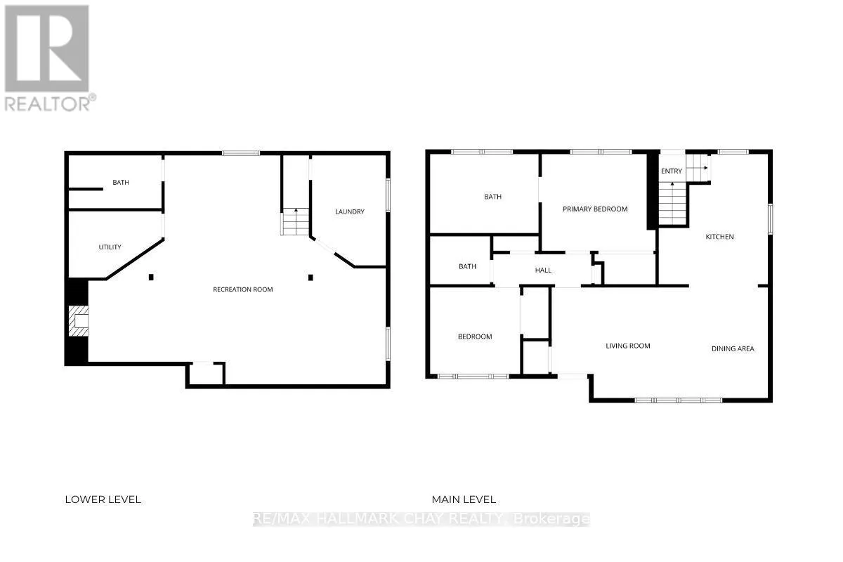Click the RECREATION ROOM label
coord(243,289)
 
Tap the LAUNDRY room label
coord(349,211)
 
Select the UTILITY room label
coord(110,247)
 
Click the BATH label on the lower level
coord(121,183)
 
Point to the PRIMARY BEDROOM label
coord(595,209)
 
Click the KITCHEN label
coord(719,237)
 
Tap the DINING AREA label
coord(733,348)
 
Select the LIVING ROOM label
coord(628,346)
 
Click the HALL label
coord(543,270)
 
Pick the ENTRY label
coord(671,171)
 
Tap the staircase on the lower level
coord(295,221)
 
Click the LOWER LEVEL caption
coord(103,499)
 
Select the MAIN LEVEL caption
coord(464,499)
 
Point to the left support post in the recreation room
coord(151,277)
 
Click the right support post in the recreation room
coord(310,277)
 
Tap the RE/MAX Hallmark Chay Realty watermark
coord(421,520)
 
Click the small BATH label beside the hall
coord(467,266)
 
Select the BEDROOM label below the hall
coord(475,336)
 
